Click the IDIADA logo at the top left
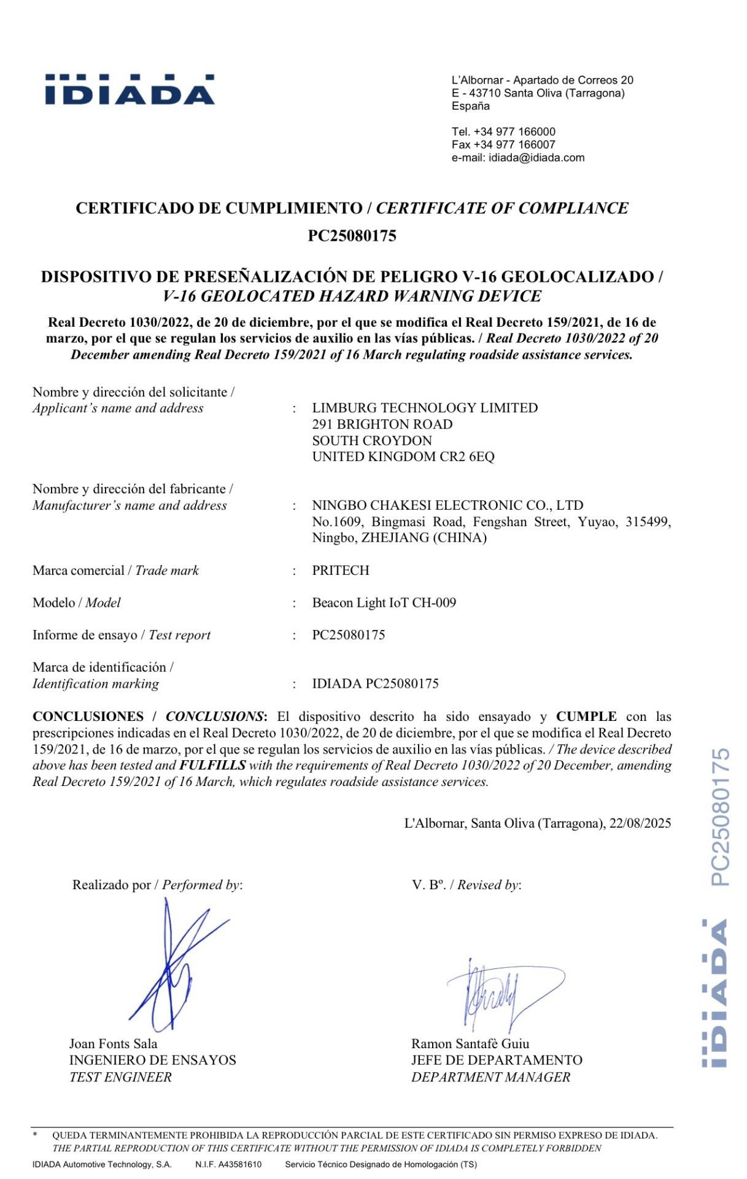click(x=130, y=90)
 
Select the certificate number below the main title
click(x=352, y=236)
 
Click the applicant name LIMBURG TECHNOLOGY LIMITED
click(x=425, y=408)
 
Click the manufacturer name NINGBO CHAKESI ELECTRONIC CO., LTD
click(x=447, y=505)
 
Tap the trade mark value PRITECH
click(x=341, y=570)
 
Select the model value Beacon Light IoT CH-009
click(x=384, y=603)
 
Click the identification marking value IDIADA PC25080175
click(x=375, y=683)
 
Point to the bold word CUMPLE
click(x=586, y=717)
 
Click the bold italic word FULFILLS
click(x=212, y=765)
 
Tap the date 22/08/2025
click(x=640, y=823)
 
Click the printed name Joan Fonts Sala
click(x=113, y=1044)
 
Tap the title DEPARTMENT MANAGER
click(x=490, y=1077)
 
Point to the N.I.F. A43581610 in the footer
click(x=228, y=1164)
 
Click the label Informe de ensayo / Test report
click(x=122, y=636)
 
